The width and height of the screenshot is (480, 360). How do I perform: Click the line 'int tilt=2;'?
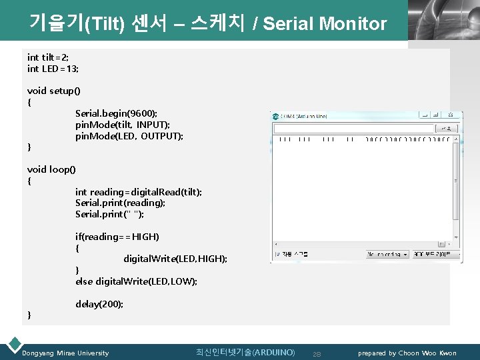pos(48,57)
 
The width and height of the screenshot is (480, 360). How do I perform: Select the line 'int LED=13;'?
pos(53,68)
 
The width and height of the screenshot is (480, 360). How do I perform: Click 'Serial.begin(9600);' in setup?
pos(116,113)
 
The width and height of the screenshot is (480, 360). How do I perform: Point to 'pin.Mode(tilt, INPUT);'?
pos(122,125)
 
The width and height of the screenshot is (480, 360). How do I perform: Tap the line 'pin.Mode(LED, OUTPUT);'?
pos(129,136)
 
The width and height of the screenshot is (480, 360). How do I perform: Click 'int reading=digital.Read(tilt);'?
pos(138,192)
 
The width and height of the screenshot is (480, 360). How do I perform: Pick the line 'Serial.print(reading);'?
pos(120,203)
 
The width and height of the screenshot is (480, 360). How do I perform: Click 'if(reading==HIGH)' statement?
pos(117,237)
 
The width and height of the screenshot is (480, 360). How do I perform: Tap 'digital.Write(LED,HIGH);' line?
pos(175,259)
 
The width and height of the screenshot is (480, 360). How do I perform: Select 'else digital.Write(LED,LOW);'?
pos(136,281)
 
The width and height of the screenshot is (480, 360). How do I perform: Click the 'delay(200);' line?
pos(99,304)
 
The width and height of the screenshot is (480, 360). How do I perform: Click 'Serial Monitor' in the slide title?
pos(325,25)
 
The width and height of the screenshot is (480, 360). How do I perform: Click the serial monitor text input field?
pos(353,127)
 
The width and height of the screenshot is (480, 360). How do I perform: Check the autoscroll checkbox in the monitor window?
pos(277,254)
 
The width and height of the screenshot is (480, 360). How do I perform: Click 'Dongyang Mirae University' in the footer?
pos(65,353)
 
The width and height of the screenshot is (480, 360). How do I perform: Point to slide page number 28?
pos(317,353)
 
